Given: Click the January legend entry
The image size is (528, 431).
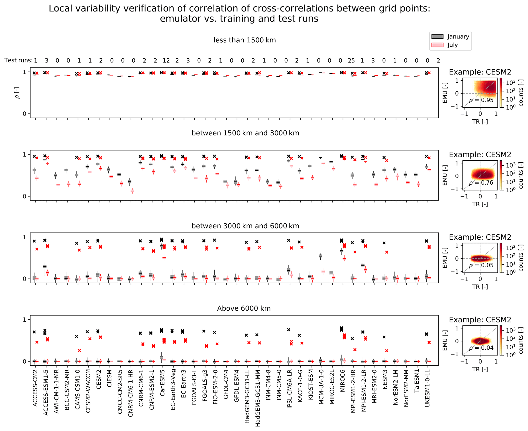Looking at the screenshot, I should (x=458, y=36).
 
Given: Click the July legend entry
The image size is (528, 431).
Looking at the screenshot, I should (x=452, y=45).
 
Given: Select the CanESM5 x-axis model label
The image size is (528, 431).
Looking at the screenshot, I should (x=162, y=383).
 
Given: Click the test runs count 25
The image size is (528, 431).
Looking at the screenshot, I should (x=351, y=60).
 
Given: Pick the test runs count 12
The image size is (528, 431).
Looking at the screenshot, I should (x=166, y=60).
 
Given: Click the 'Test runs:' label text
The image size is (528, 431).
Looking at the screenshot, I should (x=18, y=60).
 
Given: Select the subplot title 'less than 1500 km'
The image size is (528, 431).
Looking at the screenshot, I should (x=244, y=40).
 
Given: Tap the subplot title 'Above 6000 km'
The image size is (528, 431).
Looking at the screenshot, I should (x=244, y=308).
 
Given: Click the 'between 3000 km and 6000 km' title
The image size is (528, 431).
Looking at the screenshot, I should (x=245, y=226).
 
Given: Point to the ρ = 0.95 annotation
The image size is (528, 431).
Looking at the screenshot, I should (x=481, y=100).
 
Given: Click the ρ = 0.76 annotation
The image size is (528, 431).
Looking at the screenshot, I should (x=481, y=183).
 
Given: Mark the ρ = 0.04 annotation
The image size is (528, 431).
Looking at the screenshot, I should (x=481, y=348).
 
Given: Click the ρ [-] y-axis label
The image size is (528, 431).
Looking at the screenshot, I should (x=17, y=93).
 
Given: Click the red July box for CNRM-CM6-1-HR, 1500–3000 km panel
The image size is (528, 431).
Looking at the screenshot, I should (x=132, y=191).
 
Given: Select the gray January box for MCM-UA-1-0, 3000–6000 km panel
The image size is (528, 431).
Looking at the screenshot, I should (x=320, y=256).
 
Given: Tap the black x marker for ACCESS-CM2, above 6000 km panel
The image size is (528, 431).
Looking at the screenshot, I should (x=34, y=332).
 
